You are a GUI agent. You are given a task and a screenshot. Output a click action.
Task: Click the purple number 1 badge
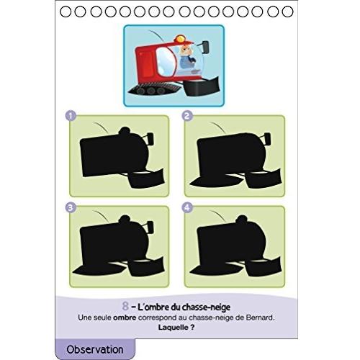[x=71, y=117]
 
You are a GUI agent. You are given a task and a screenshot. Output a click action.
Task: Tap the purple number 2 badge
[x=187, y=116]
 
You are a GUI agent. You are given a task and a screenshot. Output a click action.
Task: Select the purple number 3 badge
[x=71, y=207]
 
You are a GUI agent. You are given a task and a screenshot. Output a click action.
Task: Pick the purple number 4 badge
[x=187, y=207]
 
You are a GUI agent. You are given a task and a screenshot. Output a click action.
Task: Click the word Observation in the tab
[x=95, y=349]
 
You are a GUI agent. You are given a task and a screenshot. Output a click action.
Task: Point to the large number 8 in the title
[x=125, y=306]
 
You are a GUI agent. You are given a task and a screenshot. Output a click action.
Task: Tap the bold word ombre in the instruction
[x=125, y=318]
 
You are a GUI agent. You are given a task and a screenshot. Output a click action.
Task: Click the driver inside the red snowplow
[x=187, y=57]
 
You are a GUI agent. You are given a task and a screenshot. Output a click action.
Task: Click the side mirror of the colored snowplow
[x=205, y=47]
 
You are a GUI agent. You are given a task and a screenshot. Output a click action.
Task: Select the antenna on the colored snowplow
[x=157, y=36]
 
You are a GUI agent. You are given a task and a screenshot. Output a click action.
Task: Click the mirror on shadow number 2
[x=267, y=139]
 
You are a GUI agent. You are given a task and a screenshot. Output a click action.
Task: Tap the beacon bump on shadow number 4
[x=241, y=219]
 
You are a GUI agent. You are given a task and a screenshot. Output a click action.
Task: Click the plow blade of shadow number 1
[x=146, y=179]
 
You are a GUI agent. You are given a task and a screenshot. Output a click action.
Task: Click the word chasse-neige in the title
[x=207, y=307]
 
